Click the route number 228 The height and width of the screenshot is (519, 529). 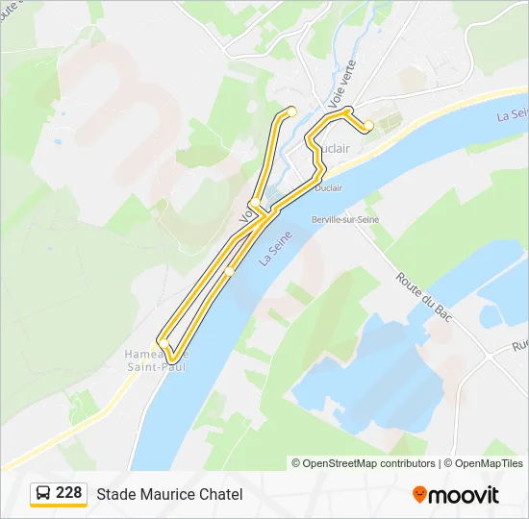tap(69, 492)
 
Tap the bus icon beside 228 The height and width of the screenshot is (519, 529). tap(44, 493)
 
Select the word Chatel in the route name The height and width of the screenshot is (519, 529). tap(221, 494)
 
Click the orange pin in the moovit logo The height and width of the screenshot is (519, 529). tap(419, 494)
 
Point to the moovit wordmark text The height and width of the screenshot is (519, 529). tap(464, 495)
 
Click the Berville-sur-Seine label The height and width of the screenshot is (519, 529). tap(345, 220)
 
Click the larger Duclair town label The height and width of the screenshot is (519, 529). tap(332, 149)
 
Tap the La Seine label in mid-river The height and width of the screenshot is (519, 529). tap(274, 252)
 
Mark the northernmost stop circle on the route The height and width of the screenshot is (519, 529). tap(292, 111)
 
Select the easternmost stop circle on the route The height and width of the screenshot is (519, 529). tap(368, 125)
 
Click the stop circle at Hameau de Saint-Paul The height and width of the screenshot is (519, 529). tap(164, 343)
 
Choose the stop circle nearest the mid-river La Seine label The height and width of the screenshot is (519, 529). tap(229, 272)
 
